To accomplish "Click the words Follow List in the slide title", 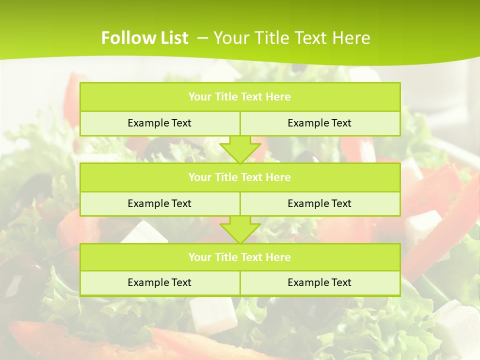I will tap(144, 38).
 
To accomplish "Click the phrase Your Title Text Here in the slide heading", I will tap(291, 38).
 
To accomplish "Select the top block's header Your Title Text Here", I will tap(239, 97).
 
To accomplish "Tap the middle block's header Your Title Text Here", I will tap(239, 177).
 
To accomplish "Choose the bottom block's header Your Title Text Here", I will tap(239, 257).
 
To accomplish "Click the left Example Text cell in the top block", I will tap(159, 123).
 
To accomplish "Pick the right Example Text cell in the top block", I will tap(319, 123).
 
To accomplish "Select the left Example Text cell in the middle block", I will tap(159, 203).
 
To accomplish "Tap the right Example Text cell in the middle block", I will tap(319, 203).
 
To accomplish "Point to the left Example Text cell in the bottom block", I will tap(159, 282).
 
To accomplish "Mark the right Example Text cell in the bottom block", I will tap(319, 282).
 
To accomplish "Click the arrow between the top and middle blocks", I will tap(240, 149).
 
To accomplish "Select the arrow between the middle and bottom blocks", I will tap(240, 229).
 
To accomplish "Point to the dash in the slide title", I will tap(202, 37).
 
